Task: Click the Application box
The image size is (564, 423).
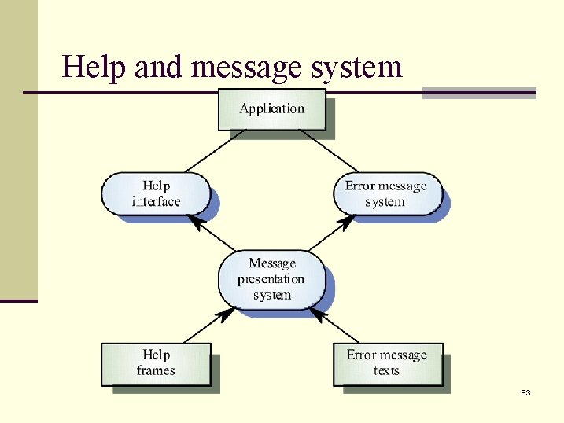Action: pyautogui.click(x=271, y=110)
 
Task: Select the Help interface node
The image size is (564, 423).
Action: pyautogui.click(x=156, y=194)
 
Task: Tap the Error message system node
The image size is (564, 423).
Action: pyautogui.click(x=385, y=194)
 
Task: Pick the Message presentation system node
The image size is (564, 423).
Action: pyautogui.click(x=271, y=279)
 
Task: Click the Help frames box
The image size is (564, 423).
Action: pyautogui.click(x=156, y=363)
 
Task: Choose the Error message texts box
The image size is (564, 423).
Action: pyautogui.click(x=387, y=363)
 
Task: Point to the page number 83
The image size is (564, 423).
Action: pyautogui.click(x=525, y=392)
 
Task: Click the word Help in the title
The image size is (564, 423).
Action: pyautogui.click(x=94, y=67)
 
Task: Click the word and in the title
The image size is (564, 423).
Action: pyautogui.click(x=160, y=67)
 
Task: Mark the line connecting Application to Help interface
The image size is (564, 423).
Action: pyautogui.click(x=215, y=150)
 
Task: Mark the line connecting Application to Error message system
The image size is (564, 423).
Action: pyautogui.click(x=329, y=150)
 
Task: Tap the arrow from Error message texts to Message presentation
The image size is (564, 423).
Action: pyautogui.click(x=335, y=325)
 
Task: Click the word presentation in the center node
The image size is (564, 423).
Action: pyautogui.click(x=271, y=279)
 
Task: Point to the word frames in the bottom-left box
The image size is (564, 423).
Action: pyautogui.click(x=156, y=371)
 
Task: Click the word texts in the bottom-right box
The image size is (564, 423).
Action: pyautogui.click(x=386, y=371)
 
